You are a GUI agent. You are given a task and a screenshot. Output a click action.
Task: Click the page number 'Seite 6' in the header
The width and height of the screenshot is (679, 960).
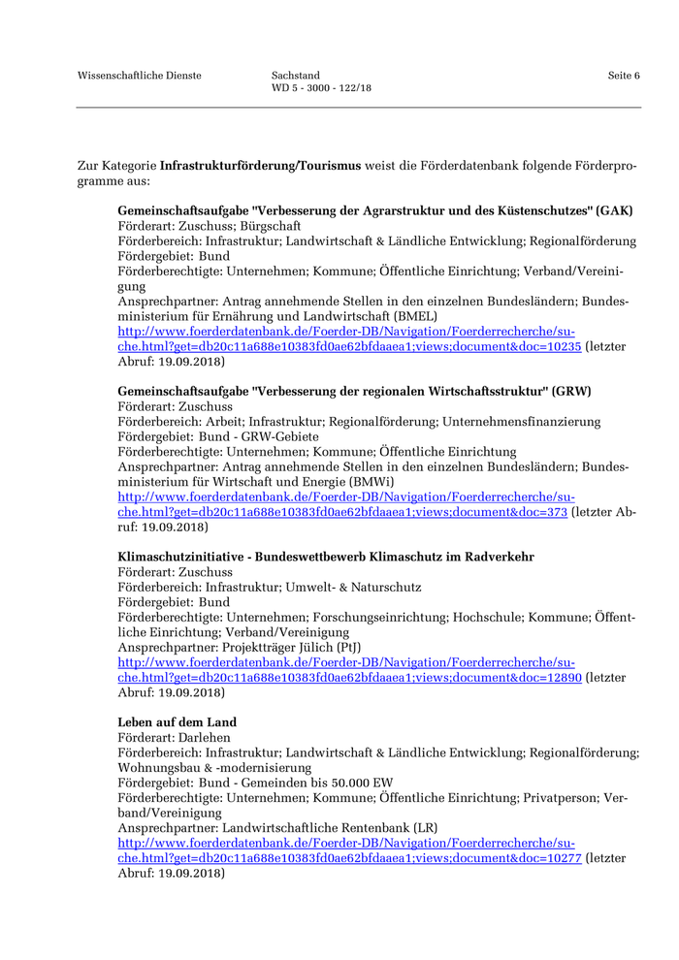(624, 76)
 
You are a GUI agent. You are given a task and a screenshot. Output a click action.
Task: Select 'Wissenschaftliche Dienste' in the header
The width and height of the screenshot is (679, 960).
(140, 76)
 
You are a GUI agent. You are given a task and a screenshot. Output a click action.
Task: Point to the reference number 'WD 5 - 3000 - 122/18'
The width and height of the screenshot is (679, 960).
(321, 88)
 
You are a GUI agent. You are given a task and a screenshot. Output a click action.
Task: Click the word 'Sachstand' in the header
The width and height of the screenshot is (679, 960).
(296, 76)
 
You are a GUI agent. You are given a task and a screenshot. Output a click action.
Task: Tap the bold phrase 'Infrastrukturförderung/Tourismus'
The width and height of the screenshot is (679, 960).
(260, 166)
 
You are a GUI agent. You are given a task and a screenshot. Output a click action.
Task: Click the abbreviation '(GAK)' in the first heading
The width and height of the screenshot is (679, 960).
(615, 210)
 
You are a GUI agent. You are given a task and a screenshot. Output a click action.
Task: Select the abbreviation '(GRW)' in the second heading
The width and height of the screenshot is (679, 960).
(572, 391)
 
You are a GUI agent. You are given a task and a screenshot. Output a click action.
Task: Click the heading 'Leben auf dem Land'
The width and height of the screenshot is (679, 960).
(178, 722)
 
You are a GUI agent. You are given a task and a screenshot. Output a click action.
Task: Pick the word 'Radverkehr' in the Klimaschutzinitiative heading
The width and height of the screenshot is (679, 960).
(501, 557)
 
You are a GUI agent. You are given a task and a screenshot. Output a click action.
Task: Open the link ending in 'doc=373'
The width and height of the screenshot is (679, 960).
(342, 512)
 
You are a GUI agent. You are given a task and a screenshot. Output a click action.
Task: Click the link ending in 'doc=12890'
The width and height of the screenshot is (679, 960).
(349, 678)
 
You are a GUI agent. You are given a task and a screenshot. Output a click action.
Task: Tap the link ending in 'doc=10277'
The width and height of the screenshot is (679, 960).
(349, 858)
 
